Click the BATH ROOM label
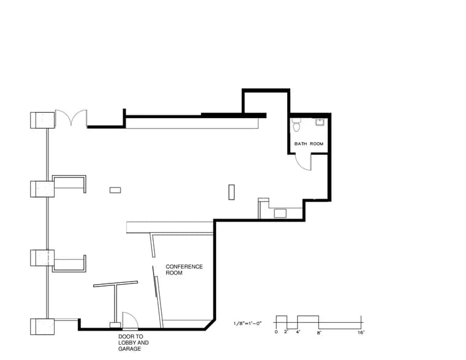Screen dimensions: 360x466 coord(309,144)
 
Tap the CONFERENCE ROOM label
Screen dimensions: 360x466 coord(184,270)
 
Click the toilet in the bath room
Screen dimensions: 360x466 coord(297,126)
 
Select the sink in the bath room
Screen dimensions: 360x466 coord(320,122)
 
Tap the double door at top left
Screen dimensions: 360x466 coord(71,118)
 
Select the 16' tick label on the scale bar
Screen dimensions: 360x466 coord(361,332)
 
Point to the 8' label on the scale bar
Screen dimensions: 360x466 coord(319,332)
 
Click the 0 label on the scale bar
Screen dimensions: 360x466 coord(276,332)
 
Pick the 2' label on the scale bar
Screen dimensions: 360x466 coord(286,332)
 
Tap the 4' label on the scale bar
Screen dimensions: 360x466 coord(298,332)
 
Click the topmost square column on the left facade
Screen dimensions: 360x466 coord(43,119)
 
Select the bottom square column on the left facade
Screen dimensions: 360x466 coord(42,326)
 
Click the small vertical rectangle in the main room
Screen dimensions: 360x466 coord(231,192)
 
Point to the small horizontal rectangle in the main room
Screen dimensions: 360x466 coord(115,190)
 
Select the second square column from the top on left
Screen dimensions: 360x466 coord(42,189)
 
